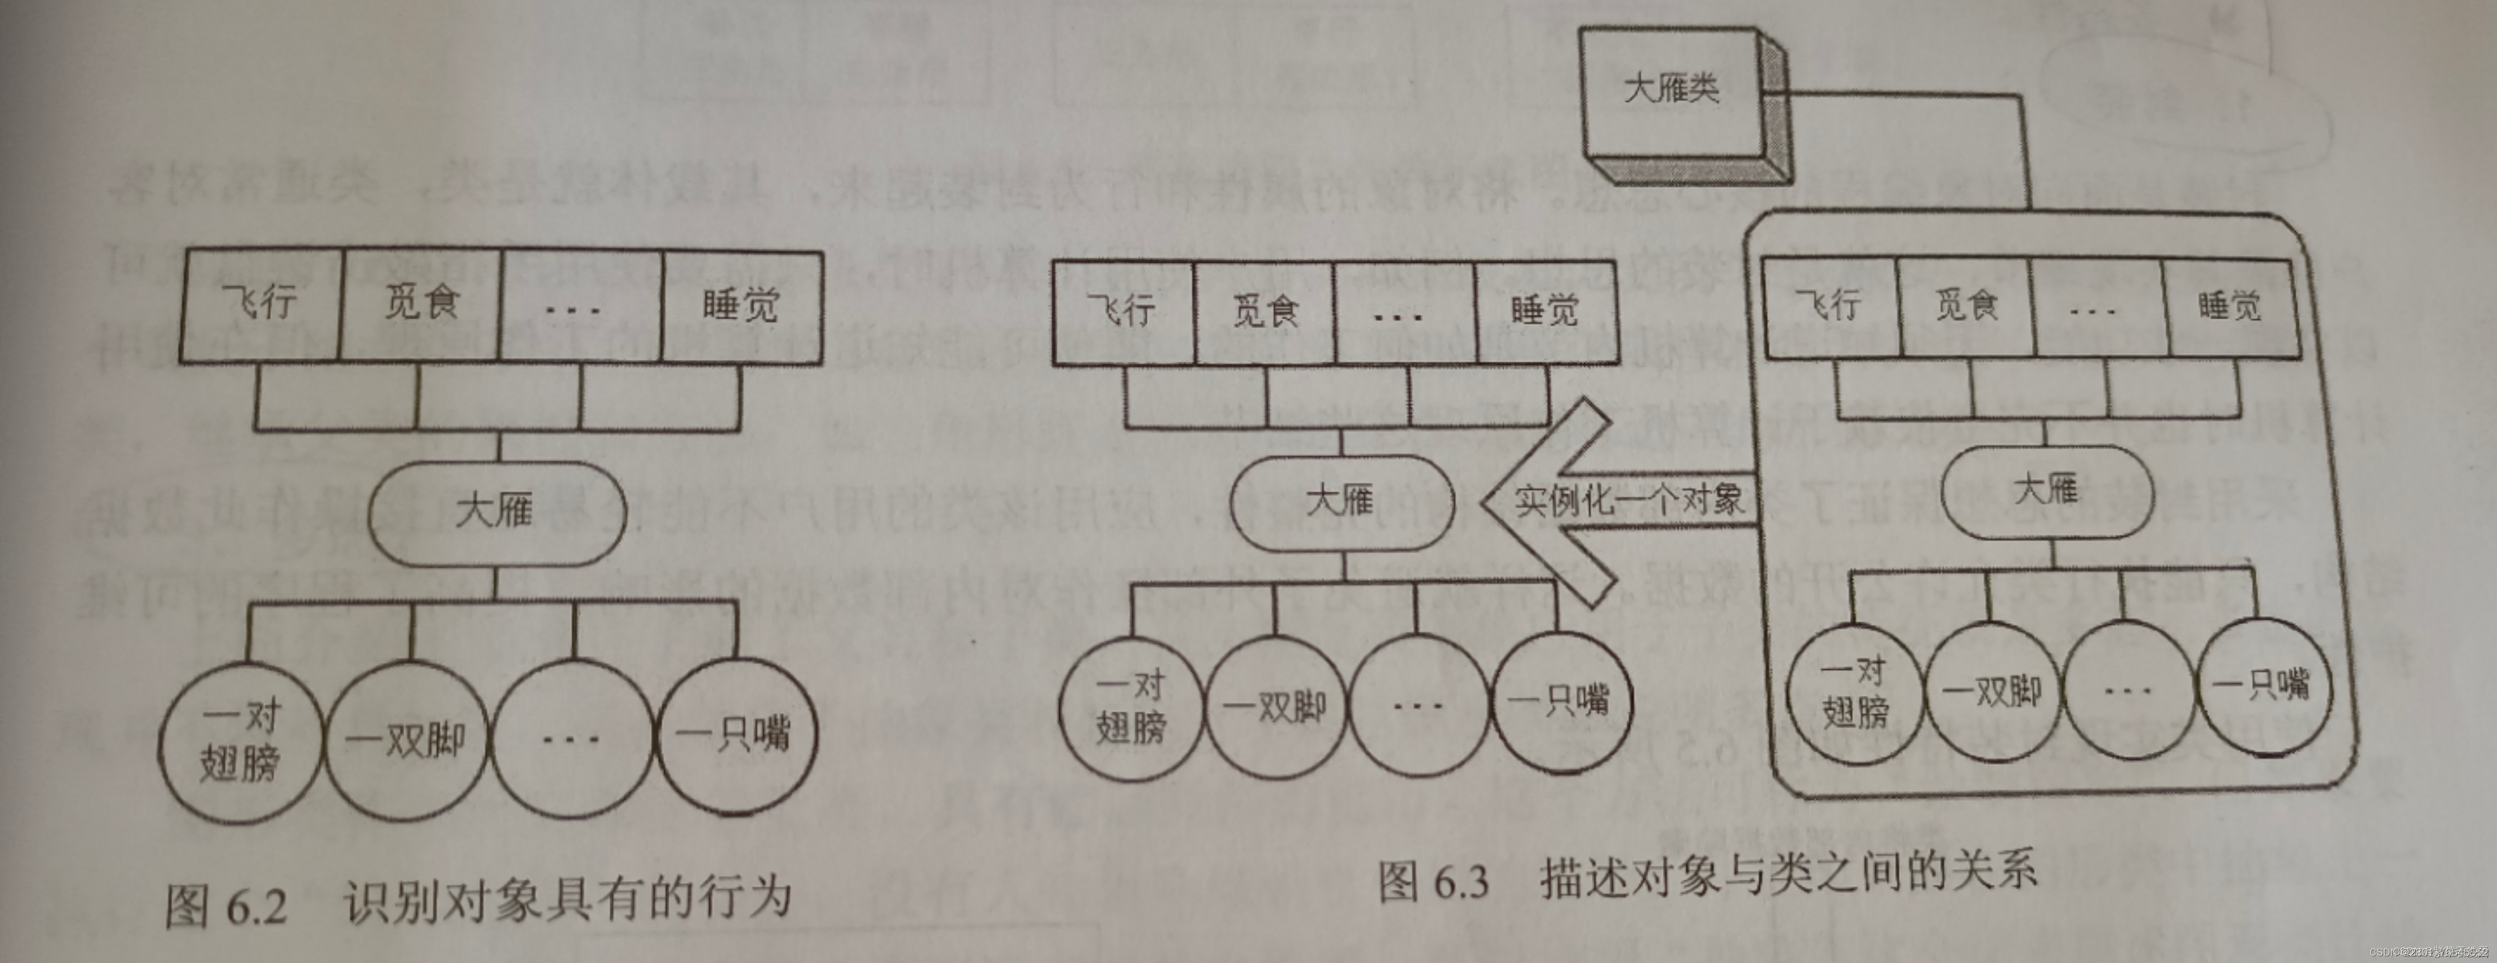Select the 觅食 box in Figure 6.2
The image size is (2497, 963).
tap(421, 305)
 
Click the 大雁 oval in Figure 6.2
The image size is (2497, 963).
tap(496, 510)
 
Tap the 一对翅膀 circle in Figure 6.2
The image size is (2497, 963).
tap(241, 741)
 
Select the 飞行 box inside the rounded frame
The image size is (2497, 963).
tap(1830, 306)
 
